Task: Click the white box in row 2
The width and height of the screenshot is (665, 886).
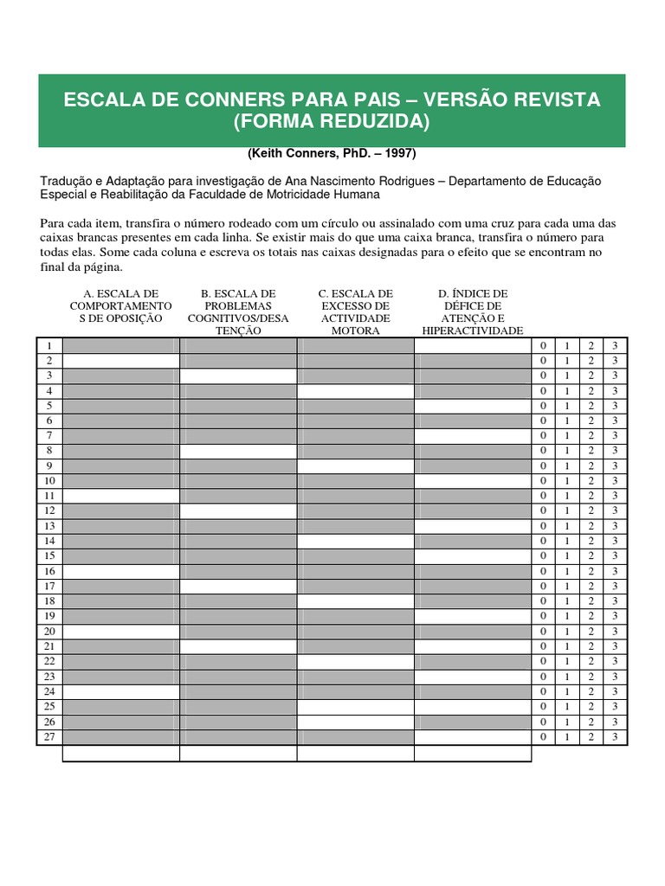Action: coord(121,361)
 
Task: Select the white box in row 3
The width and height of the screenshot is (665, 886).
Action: coord(238,376)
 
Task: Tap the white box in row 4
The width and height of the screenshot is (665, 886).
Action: coord(355,391)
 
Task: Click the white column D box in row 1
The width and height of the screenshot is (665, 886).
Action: coord(472,346)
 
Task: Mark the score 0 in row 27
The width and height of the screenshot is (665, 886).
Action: coord(543,737)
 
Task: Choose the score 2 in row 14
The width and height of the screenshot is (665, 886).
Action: coord(591,542)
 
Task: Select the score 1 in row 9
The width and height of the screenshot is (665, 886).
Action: coord(567,466)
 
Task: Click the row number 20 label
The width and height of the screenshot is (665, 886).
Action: coord(49,632)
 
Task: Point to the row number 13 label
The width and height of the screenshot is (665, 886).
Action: coord(49,526)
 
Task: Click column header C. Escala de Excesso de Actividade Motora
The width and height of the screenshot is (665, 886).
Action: coord(355,312)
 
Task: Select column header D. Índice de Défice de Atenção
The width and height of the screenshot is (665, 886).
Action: coord(472,312)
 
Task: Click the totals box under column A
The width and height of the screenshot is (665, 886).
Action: coord(121,754)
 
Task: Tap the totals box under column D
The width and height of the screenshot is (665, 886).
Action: coord(472,754)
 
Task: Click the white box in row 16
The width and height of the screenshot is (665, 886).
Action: coord(121,571)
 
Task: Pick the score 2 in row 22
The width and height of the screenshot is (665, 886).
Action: coord(591,662)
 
